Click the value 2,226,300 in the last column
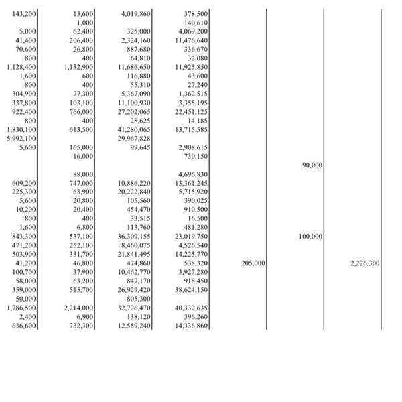click(365, 264)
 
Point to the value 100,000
click(310, 237)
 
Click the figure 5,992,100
click(21, 138)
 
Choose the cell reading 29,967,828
click(134, 138)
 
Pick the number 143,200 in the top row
click(25, 13)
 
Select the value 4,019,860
click(136, 13)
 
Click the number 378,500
click(196, 13)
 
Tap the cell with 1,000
click(86, 23)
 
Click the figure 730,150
click(196, 156)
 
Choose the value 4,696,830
click(193, 174)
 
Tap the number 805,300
click(139, 299)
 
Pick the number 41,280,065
click(134, 129)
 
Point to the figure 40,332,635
click(192, 308)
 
